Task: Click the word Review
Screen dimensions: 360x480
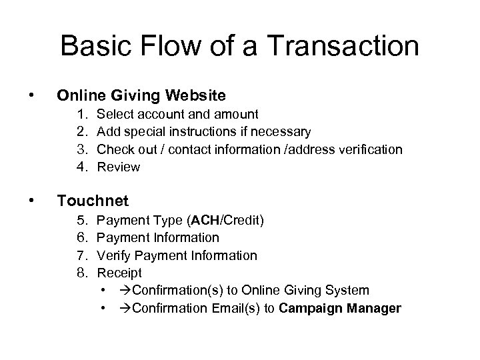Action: pyautogui.click(x=119, y=167)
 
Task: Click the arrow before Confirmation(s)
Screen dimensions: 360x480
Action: pyautogui.click(x=125, y=290)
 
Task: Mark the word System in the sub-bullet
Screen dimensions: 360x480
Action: pyautogui.click(x=347, y=290)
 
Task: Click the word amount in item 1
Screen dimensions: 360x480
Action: pyautogui.click(x=237, y=115)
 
